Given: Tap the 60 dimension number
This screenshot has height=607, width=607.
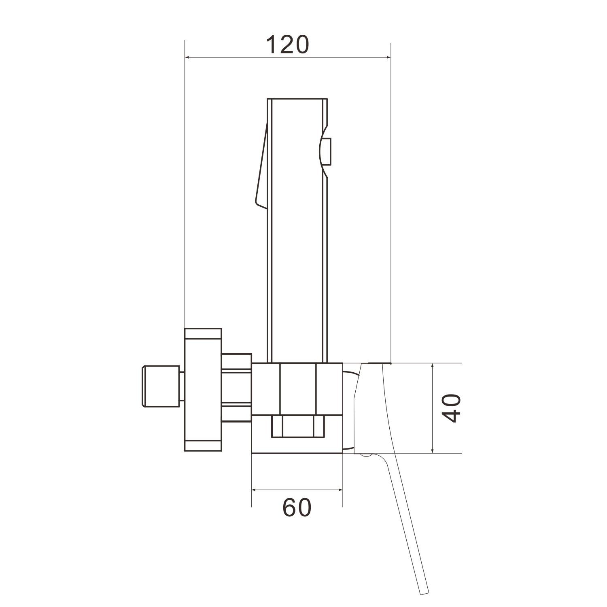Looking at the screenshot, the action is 297,507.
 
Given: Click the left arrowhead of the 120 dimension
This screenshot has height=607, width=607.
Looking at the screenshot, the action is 189,57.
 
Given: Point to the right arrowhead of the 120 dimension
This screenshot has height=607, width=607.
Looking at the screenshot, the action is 386,57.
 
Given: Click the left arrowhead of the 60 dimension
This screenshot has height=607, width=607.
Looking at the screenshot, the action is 257,490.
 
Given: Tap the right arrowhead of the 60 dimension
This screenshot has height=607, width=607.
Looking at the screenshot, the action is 338,490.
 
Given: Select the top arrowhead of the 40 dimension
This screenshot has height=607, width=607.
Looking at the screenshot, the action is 433,368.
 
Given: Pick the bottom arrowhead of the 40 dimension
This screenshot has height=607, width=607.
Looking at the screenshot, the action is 433,448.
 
